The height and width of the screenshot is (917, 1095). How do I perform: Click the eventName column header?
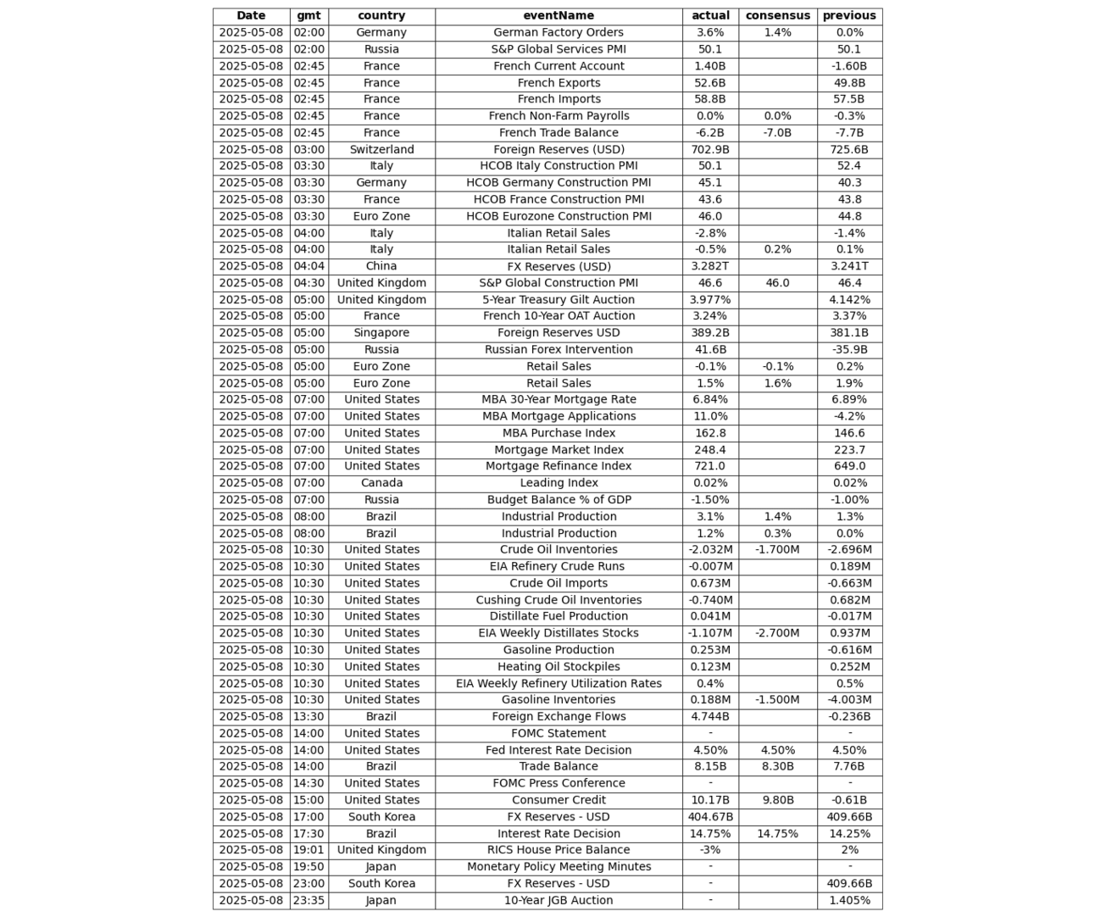pyautogui.click(x=559, y=15)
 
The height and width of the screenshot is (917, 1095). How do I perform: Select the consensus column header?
pyautogui.click(x=777, y=15)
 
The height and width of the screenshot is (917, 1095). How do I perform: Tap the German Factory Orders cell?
pyautogui.click(x=559, y=32)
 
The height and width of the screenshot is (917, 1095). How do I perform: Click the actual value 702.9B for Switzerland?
pyautogui.click(x=710, y=149)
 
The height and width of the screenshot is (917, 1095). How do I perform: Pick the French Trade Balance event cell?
pyautogui.click(x=559, y=132)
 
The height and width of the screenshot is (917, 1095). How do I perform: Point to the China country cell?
pyautogui.click(x=381, y=266)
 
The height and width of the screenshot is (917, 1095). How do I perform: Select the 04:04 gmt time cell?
pyautogui.click(x=308, y=266)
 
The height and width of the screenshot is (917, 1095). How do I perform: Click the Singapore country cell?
pyautogui.click(x=381, y=333)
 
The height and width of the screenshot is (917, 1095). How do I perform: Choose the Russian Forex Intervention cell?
pyautogui.click(x=559, y=349)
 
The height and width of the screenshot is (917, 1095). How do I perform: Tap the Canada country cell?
pyautogui.click(x=381, y=483)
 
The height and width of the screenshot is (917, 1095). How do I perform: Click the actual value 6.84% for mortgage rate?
pyautogui.click(x=710, y=399)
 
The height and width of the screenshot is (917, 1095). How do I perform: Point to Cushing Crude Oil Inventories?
pyautogui.click(x=559, y=600)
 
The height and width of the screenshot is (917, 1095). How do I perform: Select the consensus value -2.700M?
pyautogui.click(x=777, y=633)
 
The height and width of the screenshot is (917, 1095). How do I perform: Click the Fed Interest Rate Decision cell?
pyautogui.click(x=559, y=750)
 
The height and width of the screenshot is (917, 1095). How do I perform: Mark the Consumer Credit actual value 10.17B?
pyautogui.click(x=710, y=800)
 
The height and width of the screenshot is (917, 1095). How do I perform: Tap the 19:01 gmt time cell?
pyautogui.click(x=308, y=850)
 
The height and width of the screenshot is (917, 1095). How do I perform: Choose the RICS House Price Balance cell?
pyautogui.click(x=559, y=850)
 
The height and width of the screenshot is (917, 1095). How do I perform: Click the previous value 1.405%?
pyautogui.click(x=849, y=900)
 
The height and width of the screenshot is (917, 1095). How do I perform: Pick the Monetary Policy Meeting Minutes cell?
pyautogui.click(x=559, y=867)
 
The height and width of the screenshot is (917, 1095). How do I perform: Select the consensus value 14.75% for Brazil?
pyautogui.click(x=777, y=834)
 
